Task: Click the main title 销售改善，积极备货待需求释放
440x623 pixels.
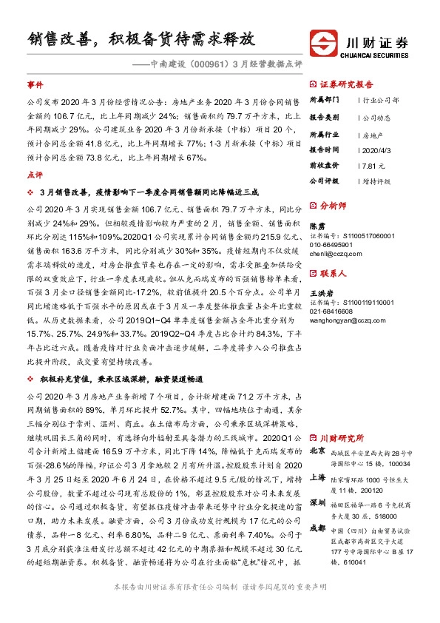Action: pos(142,38)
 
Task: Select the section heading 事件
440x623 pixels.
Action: pos(35,85)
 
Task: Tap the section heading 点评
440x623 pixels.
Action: pos(35,175)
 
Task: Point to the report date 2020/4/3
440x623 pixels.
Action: pos(373,149)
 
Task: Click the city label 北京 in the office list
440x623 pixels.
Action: pos(317,450)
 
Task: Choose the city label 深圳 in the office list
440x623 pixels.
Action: pos(317,503)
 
